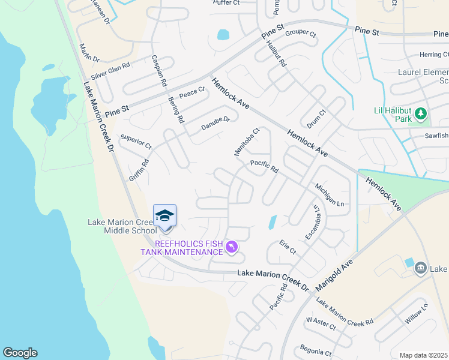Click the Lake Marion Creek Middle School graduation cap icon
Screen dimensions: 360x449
[x=164, y=215]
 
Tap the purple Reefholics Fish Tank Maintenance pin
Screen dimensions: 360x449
[x=232, y=247]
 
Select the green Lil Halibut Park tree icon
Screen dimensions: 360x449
[x=421, y=113]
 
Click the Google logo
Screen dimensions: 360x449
[x=20, y=353]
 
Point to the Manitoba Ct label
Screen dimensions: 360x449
[x=246, y=142]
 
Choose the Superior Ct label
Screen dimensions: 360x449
[x=136, y=142]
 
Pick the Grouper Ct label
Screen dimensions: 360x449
[x=300, y=33]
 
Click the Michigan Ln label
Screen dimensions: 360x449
[x=330, y=196]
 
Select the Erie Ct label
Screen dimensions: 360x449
[x=288, y=247]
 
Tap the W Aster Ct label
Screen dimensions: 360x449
[x=321, y=325]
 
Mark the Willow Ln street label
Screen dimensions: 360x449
[x=417, y=314]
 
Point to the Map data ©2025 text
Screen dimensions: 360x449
[x=423, y=355]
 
